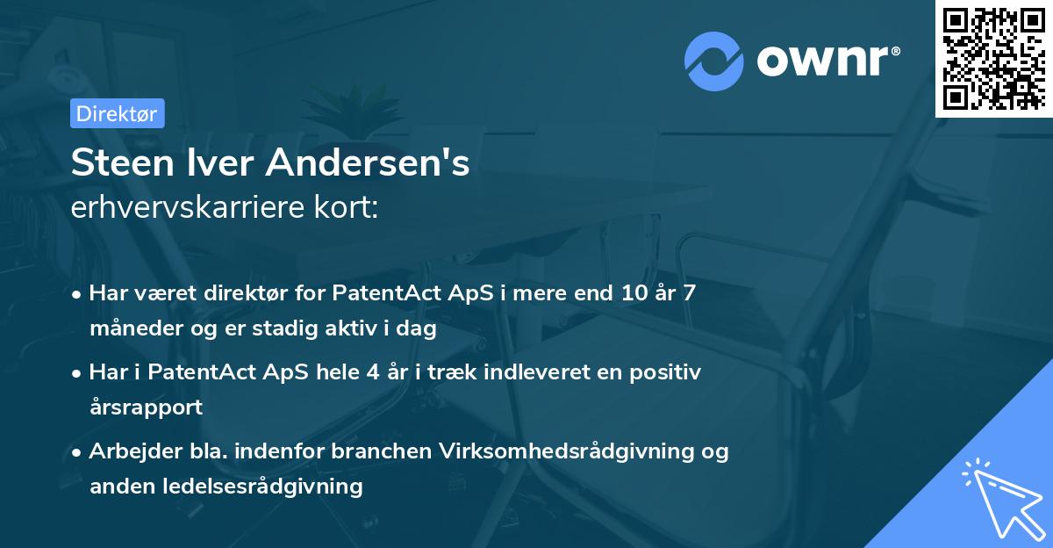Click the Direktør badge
(117, 113)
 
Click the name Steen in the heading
(120, 163)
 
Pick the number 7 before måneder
(690, 292)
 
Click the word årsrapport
(146, 407)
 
